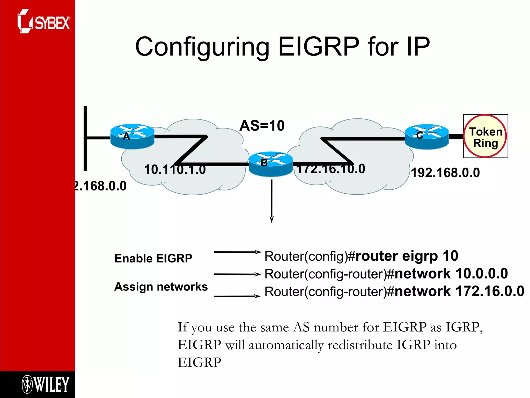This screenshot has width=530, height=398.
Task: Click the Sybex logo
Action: (x=43, y=22)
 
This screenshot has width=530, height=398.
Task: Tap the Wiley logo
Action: (x=46, y=385)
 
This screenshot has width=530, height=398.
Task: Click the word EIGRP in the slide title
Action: (x=319, y=47)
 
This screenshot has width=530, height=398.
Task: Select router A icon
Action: (x=132, y=136)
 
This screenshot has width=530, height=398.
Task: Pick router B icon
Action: (x=271, y=164)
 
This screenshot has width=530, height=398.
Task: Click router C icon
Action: (x=426, y=137)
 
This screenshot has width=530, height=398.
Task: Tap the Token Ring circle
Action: (x=485, y=136)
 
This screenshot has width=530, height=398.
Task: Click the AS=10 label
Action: (x=262, y=126)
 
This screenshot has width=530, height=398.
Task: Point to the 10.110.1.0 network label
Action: (x=175, y=170)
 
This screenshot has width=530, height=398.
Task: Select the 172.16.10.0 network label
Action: (x=331, y=169)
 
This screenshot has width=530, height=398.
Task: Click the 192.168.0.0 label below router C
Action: (x=445, y=173)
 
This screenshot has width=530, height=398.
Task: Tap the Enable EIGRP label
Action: (x=153, y=258)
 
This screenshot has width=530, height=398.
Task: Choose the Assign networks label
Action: (x=161, y=287)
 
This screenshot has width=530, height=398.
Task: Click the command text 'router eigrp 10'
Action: (x=407, y=256)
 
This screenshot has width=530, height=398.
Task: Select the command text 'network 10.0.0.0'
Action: (x=451, y=274)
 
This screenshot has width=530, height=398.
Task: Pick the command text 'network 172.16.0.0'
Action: (x=459, y=292)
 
